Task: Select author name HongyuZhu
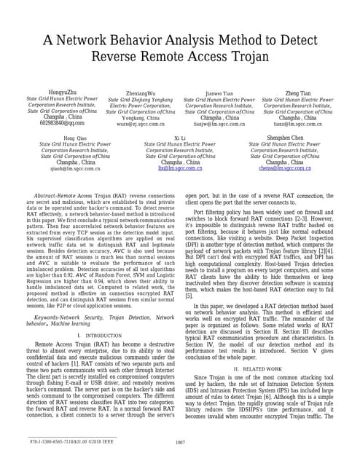click(x=62, y=92)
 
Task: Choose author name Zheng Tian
click(x=297, y=92)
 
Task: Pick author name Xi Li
click(x=179, y=138)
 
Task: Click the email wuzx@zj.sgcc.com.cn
click(x=140, y=124)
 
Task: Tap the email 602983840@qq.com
click(x=62, y=123)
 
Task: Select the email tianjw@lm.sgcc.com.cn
click(x=219, y=123)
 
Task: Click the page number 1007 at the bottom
click(x=180, y=443)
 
